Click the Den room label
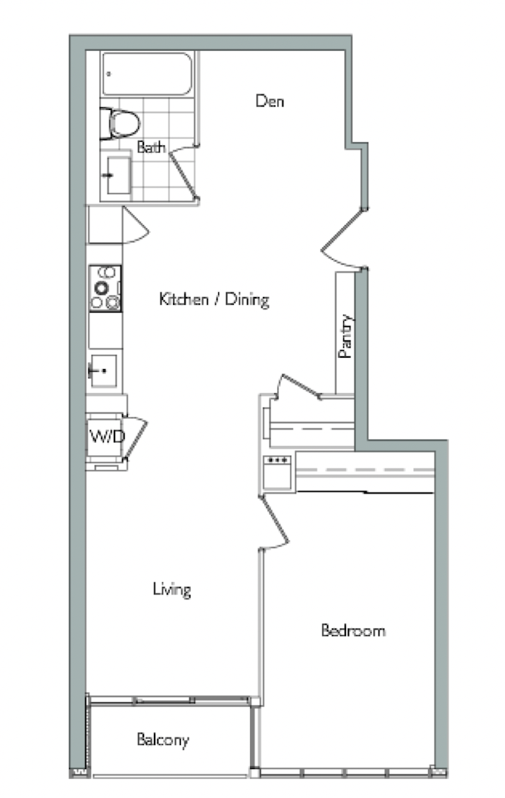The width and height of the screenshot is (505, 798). click(270, 101)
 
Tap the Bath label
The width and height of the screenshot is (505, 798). click(151, 147)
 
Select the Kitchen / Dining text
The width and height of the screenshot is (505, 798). click(214, 298)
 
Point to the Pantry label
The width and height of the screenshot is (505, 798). click(345, 336)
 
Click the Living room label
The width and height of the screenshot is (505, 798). click(172, 589)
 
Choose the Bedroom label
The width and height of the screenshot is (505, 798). click(353, 631)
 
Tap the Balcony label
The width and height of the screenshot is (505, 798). click(162, 739)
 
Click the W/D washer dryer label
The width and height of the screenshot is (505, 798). click(107, 436)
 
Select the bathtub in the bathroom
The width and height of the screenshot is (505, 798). click(147, 74)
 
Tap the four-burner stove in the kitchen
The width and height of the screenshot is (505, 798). click(105, 288)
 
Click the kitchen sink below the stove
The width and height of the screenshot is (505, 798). click(103, 371)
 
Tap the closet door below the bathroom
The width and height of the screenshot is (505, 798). click(134, 226)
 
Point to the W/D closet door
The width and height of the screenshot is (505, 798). click(134, 439)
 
